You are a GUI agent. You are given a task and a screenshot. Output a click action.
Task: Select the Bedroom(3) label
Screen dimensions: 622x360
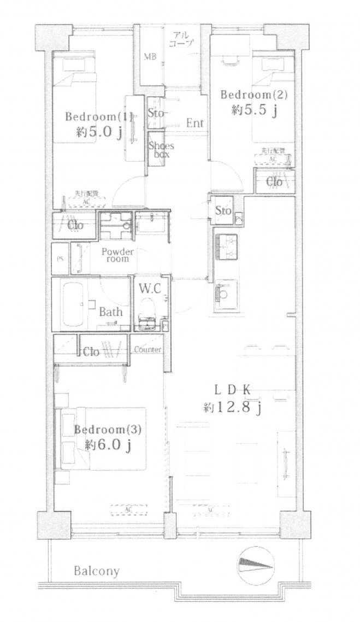108,429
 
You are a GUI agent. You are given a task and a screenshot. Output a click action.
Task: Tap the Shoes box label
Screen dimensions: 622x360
161,150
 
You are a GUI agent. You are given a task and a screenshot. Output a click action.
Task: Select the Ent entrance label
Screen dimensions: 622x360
194,124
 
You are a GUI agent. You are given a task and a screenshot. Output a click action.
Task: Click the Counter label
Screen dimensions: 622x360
146,349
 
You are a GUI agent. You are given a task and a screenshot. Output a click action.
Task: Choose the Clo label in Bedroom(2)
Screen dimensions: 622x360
274,182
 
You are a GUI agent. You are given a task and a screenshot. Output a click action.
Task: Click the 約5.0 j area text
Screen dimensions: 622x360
99,132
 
